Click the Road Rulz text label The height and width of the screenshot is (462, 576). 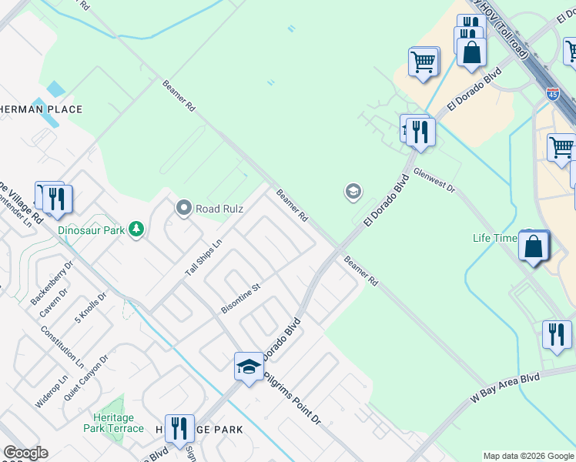point(219,209)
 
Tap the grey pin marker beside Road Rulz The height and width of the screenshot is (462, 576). point(183,208)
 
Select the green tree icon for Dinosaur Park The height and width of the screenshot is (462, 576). point(136,229)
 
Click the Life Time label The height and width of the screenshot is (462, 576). point(494,238)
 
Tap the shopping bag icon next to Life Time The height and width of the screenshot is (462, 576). point(533,246)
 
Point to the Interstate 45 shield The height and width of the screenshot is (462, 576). point(553,94)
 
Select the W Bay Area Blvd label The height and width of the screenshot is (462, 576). point(506,390)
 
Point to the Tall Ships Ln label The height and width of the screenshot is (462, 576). point(203,257)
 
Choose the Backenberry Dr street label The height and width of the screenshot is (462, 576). point(51,283)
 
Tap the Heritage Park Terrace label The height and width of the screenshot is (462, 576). point(114,423)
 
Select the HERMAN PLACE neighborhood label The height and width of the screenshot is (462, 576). point(43,109)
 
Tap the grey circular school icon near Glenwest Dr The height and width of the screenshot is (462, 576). point(353,192)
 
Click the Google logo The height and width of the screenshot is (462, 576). point(26,454)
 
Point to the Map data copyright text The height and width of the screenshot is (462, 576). point(527,456)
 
